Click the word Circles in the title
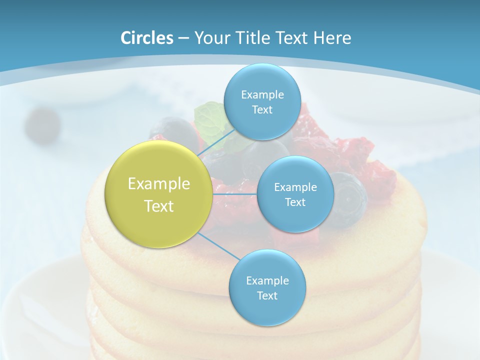[146, 38]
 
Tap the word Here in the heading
[332, 38]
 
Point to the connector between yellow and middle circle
[235, 193]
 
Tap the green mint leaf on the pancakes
[209, 114]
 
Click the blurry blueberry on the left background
[42, 124]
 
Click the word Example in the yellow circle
[159, 184]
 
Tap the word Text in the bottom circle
[267, 295]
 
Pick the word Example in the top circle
[262, 95]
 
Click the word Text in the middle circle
[295, 202]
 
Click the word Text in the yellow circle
[159, 206]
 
